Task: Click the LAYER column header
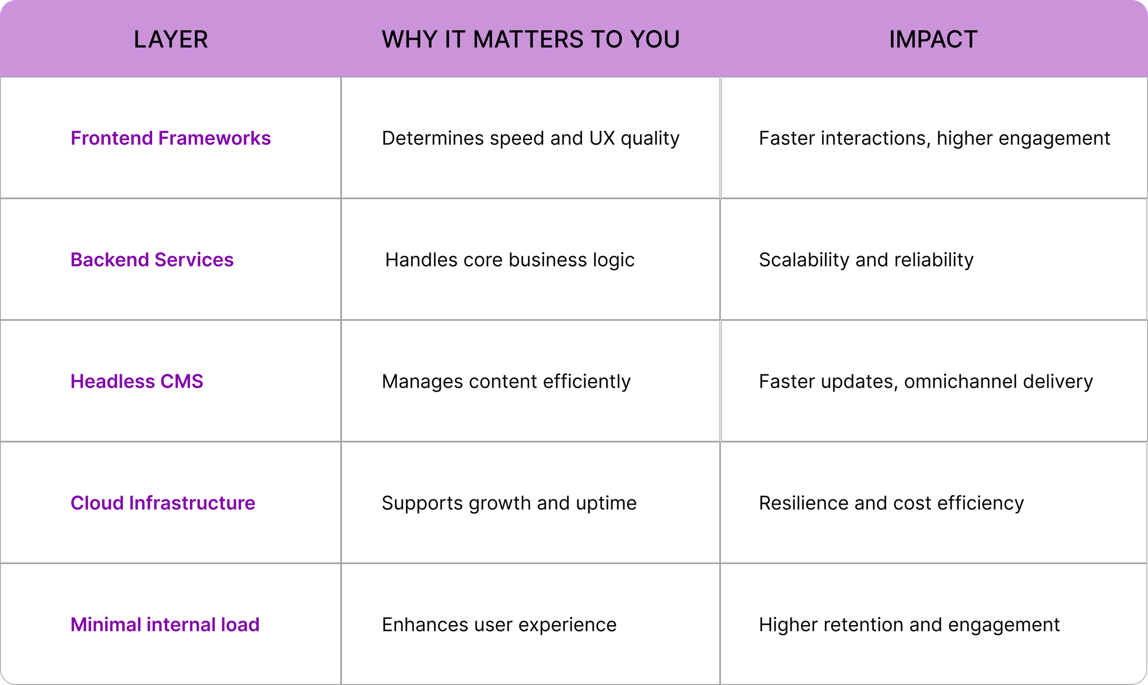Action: point(170,40)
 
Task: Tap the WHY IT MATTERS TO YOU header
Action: point(530,40)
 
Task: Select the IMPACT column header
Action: point(933,40)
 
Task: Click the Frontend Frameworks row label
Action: point(170,138)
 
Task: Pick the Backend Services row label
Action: point(152,260)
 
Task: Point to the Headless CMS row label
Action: point(137,382)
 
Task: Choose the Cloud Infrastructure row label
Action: point(162,503)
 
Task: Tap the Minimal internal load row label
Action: point(165,625)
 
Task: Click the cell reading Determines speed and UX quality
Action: point(530,138)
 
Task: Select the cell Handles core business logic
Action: point(510,260)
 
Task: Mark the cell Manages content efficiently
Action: point(506,382)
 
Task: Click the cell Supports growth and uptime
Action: point(509,503)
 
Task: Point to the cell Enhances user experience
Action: point(499,625)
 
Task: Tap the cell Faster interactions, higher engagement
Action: point(934,138)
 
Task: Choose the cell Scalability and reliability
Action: point(866,260)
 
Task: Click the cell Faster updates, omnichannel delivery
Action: point(926,382)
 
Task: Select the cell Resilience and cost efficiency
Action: point(891,503)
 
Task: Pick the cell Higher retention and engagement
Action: point(909,625)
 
